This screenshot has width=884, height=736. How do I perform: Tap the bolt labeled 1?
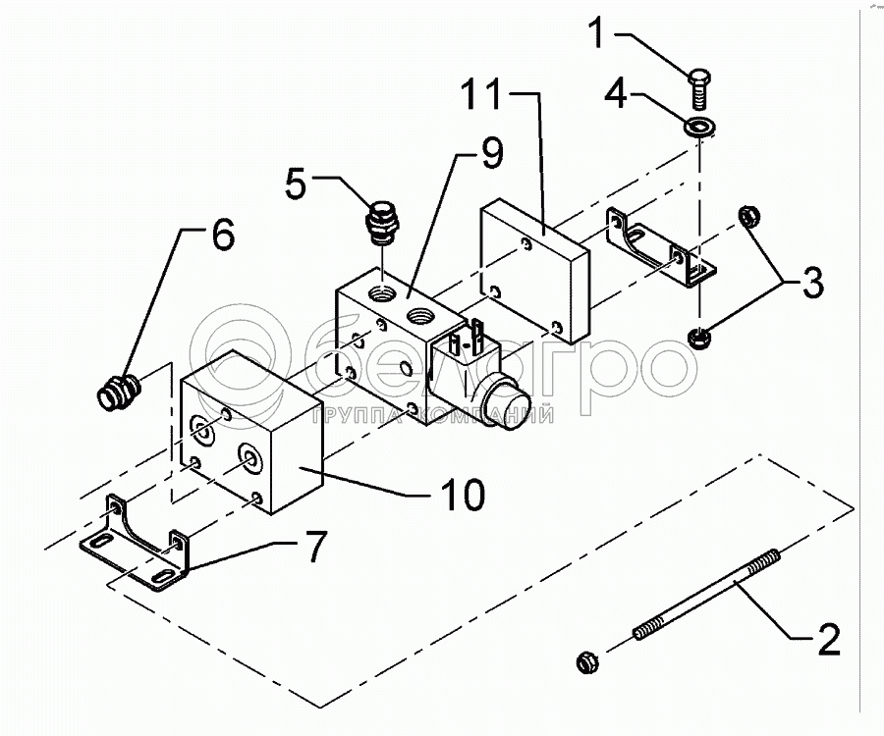point(699,89)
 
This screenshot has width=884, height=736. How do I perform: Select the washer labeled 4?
point(699,127)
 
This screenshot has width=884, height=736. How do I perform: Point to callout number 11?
point(481,94)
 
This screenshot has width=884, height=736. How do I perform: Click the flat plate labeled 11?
point(534,272)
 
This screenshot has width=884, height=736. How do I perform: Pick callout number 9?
point(492,153)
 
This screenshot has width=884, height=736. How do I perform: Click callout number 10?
point(463,495)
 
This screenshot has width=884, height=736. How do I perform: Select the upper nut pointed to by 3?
point(749,217)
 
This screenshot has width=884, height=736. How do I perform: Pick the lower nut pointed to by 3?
point(699,338)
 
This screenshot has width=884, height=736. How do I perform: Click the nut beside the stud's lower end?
point(587,661)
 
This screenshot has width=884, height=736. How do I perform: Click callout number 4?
point(616,93)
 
